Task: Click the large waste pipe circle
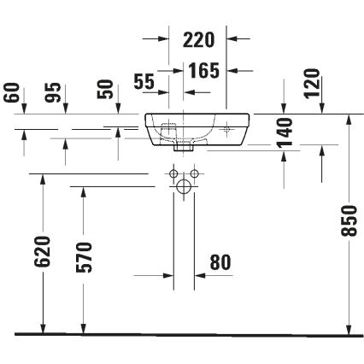point(184,186)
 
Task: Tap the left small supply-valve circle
point(172,177)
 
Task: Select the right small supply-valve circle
point(196,177)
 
